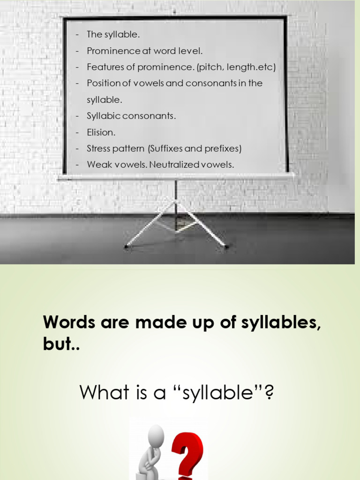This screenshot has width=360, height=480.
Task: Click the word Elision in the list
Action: [x=101, y=133]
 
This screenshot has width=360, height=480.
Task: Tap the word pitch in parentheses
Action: [x=211, y=67]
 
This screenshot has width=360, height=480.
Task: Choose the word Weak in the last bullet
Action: [x=97, y=165]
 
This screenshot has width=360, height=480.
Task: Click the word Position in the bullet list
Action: [x=104, y=83]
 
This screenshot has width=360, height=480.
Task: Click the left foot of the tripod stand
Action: [x=126, y=246]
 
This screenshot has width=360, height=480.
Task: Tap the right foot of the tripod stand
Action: [x=227, y=247]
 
